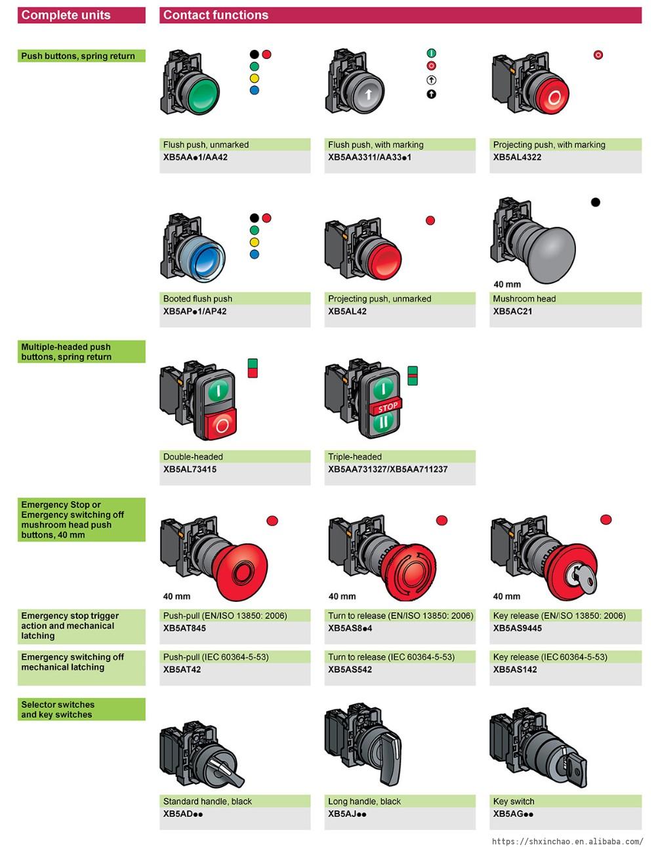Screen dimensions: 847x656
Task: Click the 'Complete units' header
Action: [x=66, y=15]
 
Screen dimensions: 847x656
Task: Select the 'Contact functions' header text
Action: [x=216, y=15]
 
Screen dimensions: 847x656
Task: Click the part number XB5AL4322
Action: [x=517, y=157]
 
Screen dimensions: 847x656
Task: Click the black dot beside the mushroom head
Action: [x=595, y=202]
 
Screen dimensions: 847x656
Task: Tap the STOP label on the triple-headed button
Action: [x=388, y=407]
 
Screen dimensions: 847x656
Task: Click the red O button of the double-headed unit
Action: [x=222, y=425]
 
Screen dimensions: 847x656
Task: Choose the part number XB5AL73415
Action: [x=190, y=469]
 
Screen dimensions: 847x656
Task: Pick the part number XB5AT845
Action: [x=184, y=628]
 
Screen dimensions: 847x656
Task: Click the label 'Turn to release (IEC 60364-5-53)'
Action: [x=391, y=657]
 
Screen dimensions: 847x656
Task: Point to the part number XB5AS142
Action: [x=515, y=669]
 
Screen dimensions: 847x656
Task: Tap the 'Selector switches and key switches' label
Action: [x=58, y=709]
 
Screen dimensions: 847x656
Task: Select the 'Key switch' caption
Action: [x=514, y=801]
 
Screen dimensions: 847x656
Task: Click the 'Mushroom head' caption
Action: [x=524, y=299]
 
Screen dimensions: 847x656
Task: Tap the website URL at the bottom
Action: [x=567, y=841]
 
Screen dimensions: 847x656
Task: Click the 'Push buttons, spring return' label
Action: [x=78, y=56]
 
